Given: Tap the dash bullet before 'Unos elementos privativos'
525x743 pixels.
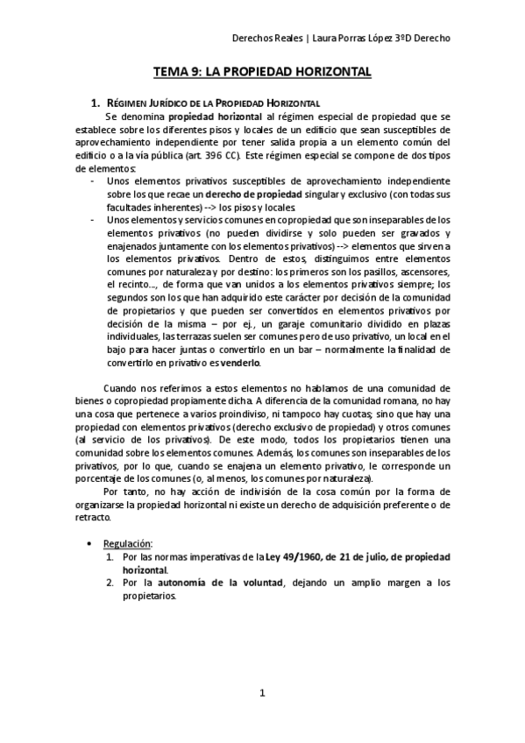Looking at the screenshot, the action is [94, 180].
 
